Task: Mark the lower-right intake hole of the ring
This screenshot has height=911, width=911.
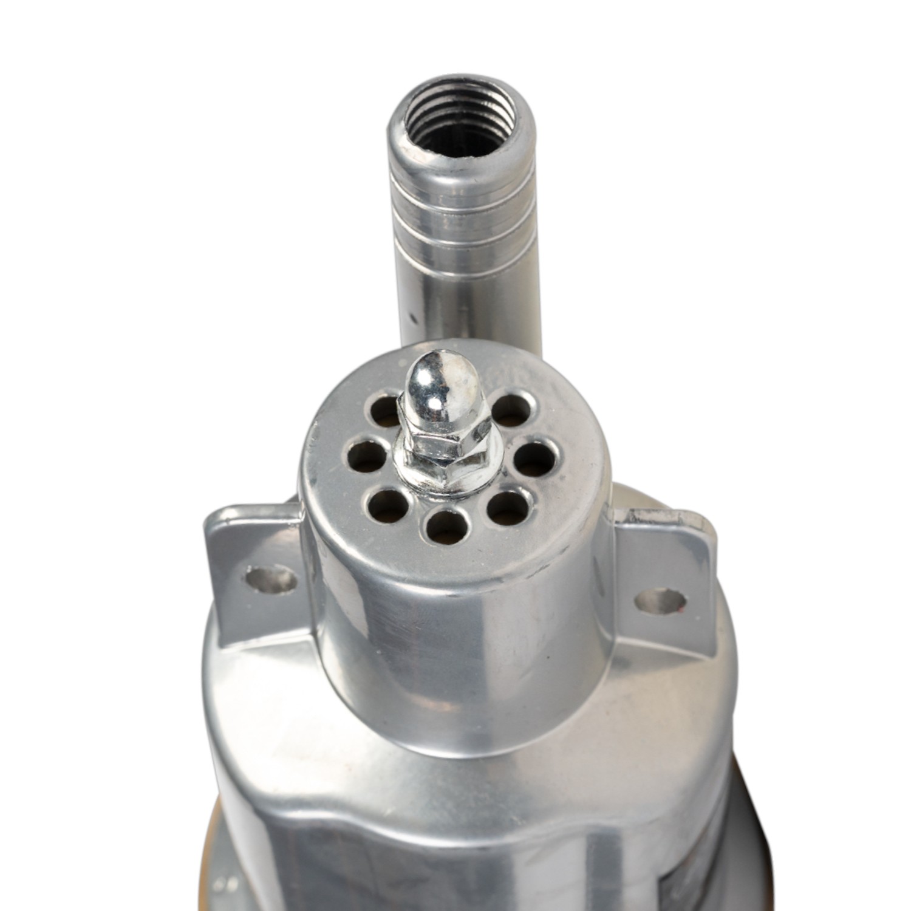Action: click(x=508, y=508)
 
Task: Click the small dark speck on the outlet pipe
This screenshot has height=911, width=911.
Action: click(x=413, y=316)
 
